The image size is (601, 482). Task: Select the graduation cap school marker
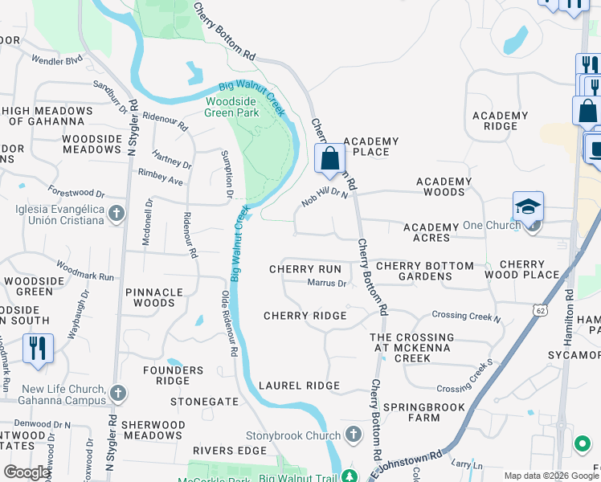pyautogui.click(x=529, y=207)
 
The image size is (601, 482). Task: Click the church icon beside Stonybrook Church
pyautogui.click(x=353, y=435)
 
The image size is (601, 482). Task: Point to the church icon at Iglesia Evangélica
pyautogui.click(x=117, y=214)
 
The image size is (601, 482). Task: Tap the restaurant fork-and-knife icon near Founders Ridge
pyautogui.click(x=39, y=348)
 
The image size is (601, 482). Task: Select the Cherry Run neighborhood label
pyautogui.click(x=305, y=269)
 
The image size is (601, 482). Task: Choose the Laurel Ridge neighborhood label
pyautogui.click(x=299, y=386)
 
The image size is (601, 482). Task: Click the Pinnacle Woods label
pyautogui.click(x=153, y=297)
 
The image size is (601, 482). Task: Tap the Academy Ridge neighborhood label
pyautogui.click(x=501, y=120)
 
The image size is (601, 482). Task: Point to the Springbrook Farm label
pyautogui.click(x=423, y=412)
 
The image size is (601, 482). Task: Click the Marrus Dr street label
pyautogui.click(x=326, y=283)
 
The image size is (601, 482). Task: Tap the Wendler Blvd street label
pyautogui.click(x=57, y=60)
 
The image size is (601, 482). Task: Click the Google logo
pyautogui.click(x=27, y=472)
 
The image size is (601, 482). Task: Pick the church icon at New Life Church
pyautogui.click(x=118, y=394)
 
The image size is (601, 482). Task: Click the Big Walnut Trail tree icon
pyautogui.click(x=349, y=476)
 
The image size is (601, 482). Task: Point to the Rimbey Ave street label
pyautogui.click(x=161, y=172)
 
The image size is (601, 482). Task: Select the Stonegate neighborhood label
pyautogui.click(x=204, y=401)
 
